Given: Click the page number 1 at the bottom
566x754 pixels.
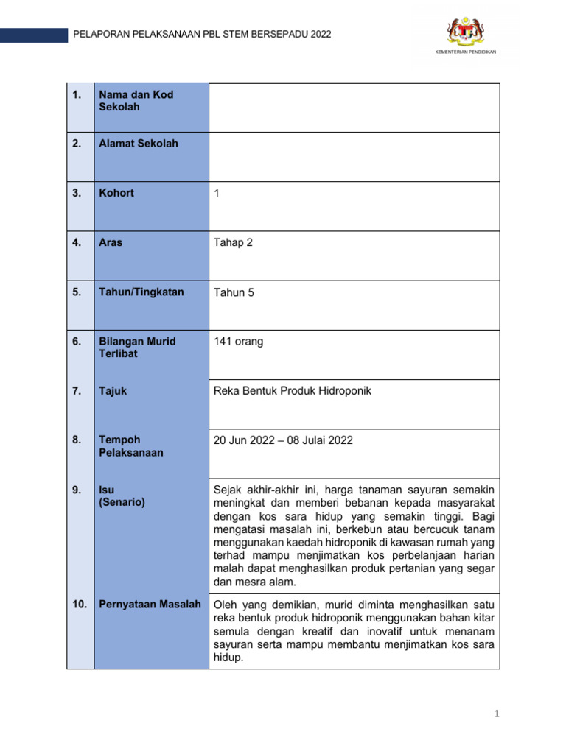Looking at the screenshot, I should click(497, 714).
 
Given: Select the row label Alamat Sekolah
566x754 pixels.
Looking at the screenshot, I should click(139, 144).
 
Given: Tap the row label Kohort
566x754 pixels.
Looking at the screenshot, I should click(116, 193).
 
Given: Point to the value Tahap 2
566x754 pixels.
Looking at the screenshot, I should click(233, 242).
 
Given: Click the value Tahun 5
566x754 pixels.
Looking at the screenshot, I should click(234, 292).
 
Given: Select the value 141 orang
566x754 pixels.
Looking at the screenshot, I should click(238, 341).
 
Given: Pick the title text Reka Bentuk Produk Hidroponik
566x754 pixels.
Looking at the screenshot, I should click(292, 391).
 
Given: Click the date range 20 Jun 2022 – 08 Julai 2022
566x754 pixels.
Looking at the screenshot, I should click(283, 440).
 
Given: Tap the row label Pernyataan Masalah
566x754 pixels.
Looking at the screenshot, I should click(150, 604).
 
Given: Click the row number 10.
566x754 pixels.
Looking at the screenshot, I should click(80, 604).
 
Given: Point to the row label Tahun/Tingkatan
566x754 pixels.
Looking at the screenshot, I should click(141, 292).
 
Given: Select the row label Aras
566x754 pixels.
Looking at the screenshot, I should click(111, 242).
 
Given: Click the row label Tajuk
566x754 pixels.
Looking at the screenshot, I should click(113, 391).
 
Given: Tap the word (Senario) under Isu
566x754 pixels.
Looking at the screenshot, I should click(122, 502).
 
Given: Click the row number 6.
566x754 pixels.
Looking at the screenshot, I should click(77, 342).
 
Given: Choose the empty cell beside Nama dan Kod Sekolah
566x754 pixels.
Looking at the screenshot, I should click(354, 108).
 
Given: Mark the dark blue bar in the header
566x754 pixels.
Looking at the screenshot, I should click(33, 35).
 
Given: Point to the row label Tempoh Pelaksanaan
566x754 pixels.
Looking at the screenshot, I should click(131, 446).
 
